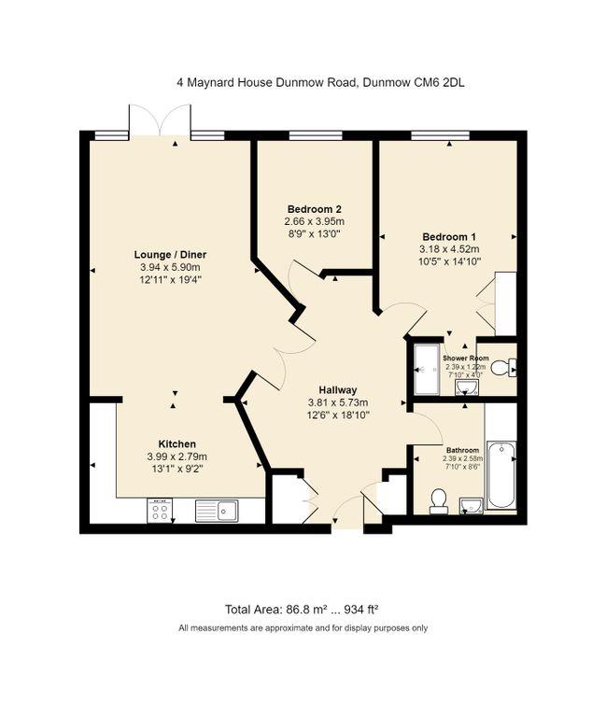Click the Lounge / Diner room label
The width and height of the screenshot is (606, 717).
click(171, 255)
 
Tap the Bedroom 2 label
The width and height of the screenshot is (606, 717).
click(314, 208)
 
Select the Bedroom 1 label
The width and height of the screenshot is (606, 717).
click(449, 236)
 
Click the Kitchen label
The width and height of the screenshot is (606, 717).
click(176, 443)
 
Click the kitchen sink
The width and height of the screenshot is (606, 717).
click(216, 511)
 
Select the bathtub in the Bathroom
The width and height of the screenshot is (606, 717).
click(501, 475)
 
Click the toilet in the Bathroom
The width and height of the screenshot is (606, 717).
click(436, 502)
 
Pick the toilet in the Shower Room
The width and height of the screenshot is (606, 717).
click(502, 369)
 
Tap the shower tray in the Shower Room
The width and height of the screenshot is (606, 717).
click(427, 369)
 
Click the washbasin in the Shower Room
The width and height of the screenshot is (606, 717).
click(466, 387)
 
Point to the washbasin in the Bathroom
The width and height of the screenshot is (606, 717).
click(472, 505)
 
